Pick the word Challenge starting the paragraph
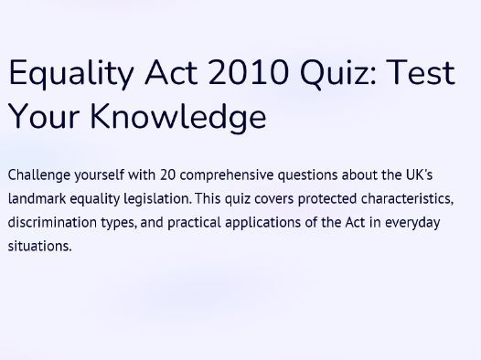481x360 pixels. (x=38, y=174)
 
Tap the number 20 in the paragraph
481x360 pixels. (x=168, y=174)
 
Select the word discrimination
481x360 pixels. (x=53, y=222)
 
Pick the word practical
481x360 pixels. (x=191, y=222)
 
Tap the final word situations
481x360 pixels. (x=37, y=246)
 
